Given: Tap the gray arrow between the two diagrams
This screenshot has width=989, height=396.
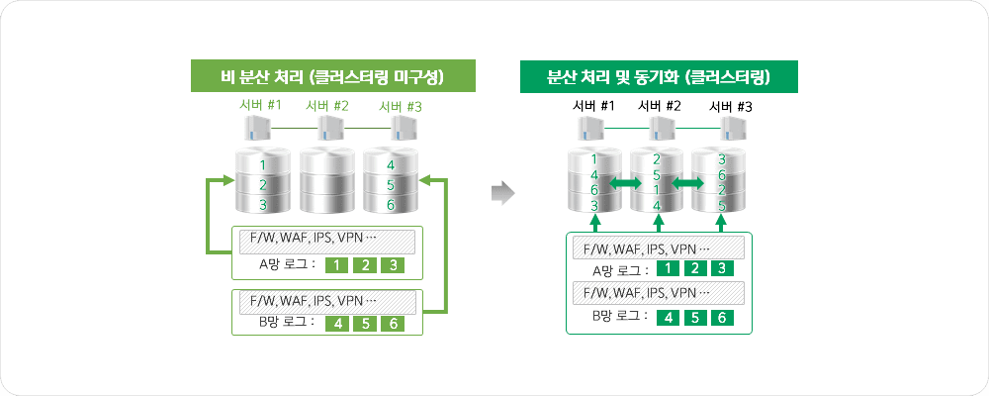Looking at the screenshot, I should tap(504, 192).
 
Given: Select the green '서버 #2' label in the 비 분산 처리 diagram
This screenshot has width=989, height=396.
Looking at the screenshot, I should tap(327, 106).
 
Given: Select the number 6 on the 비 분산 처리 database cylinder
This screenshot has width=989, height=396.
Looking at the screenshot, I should tap(392, 204).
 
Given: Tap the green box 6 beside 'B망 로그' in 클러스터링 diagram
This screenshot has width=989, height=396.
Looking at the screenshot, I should tap(722, 318).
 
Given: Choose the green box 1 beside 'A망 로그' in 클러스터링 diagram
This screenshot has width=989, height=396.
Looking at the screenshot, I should tap(669, 269).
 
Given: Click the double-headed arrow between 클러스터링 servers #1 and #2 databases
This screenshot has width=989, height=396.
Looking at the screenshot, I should tap(625, 184).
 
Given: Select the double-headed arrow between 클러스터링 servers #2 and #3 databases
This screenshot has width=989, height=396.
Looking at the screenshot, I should tap(687, 184).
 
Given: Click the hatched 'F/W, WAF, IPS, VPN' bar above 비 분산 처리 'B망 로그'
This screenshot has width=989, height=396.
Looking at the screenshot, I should tap(327, 301).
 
